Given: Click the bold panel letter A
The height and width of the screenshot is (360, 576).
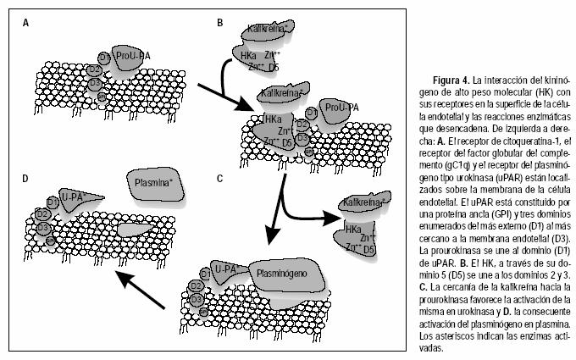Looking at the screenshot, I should [26, 23].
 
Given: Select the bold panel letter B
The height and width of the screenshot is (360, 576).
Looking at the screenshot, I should [220, 23].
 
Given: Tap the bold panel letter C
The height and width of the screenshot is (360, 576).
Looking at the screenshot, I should [220, 179].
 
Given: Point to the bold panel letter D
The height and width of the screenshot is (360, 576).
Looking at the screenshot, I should [26, 179].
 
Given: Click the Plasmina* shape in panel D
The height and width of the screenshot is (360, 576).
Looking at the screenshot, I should [153, 182].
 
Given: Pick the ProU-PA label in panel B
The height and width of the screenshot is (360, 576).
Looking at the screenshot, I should [341, 108].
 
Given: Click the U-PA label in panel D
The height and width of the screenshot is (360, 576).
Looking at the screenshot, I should [76, 197].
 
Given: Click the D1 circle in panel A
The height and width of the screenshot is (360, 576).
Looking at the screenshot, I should [103, 57].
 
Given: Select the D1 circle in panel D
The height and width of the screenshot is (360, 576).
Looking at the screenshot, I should [53, 202].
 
